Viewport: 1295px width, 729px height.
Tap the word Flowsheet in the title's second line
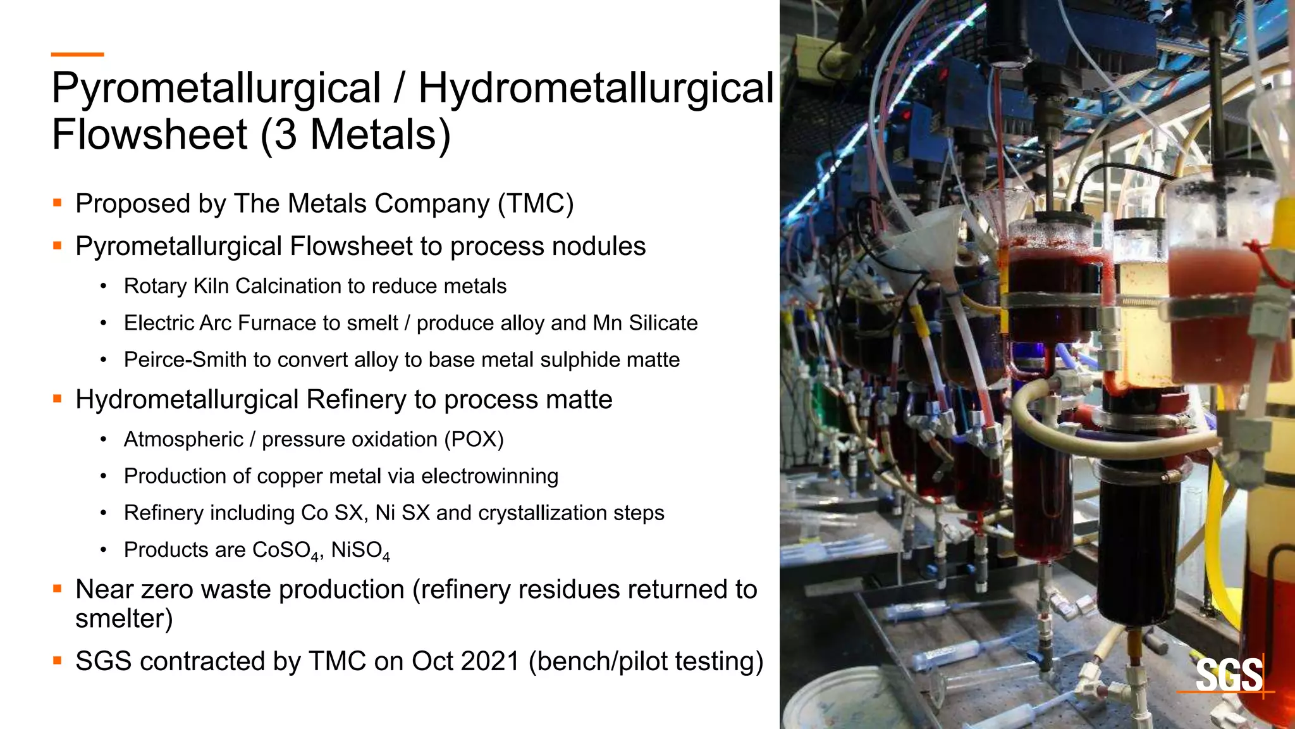point(150,135)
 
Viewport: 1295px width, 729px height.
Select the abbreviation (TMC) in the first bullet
point(536,204)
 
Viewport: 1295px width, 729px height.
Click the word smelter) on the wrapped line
point(124,618)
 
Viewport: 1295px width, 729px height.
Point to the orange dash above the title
point(77,55)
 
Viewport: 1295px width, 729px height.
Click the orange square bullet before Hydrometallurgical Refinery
point(58,399)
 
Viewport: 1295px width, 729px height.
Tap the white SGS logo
point(1229,675)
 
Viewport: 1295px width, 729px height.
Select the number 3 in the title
point(285,135)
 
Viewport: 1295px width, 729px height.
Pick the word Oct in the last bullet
point(433,661)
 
